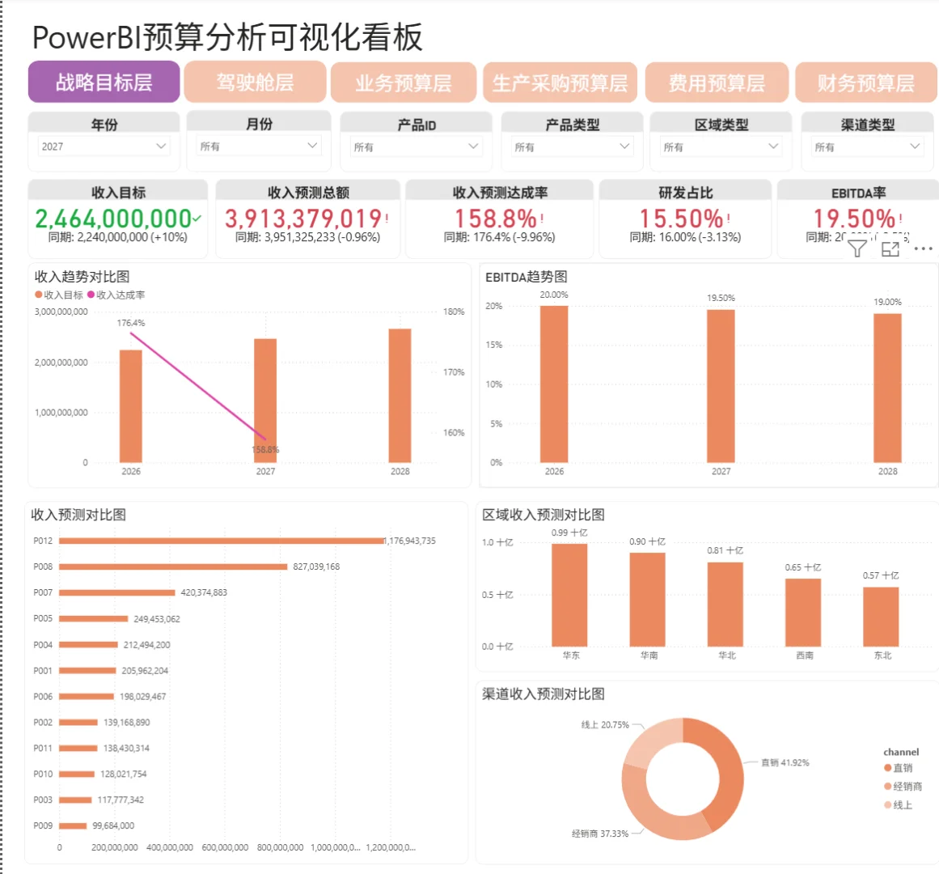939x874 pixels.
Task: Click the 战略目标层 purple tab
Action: (x=104, y=83)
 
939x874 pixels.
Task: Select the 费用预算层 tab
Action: (x=716, y=83)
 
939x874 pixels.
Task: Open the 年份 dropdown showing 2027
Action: (x=104, y=146)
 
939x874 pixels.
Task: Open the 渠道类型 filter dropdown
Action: (x=867, y=147)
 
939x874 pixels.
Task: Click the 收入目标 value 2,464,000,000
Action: (x=113, y=218)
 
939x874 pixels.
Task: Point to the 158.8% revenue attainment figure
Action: (x=495, y=218)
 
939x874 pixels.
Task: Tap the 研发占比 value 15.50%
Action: (x=681, y=218)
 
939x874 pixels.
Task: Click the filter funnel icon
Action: (x=857, y=248)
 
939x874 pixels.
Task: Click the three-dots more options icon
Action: (x=923, y=248)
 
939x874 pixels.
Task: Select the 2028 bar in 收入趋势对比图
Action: (x=400, y=396)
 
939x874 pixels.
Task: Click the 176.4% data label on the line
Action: (x=131, y=323)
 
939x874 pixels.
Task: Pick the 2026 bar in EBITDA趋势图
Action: (x=554, y=384)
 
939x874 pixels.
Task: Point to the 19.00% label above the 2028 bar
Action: (x=887, y=302)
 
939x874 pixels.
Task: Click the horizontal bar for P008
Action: (x=173, y=566)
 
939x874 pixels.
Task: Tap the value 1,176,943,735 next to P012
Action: (x=411, y=541)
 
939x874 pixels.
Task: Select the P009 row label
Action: (x=43, y=825)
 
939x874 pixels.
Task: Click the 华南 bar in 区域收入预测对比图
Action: (x=648, y=600)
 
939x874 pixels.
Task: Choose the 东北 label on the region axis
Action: (x=882, y=655)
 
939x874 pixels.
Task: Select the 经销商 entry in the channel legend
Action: (x=907, y=787)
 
